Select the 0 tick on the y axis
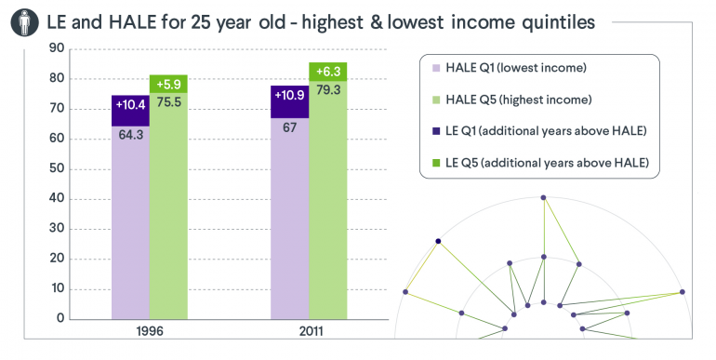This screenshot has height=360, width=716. (60, 318)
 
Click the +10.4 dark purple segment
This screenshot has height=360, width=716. (129, 104)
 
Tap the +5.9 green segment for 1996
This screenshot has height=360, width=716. (168, 84)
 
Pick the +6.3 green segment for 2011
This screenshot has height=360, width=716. (327, 72)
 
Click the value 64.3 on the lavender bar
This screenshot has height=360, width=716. (129, 134)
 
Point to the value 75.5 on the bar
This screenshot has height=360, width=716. (168, 102)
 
